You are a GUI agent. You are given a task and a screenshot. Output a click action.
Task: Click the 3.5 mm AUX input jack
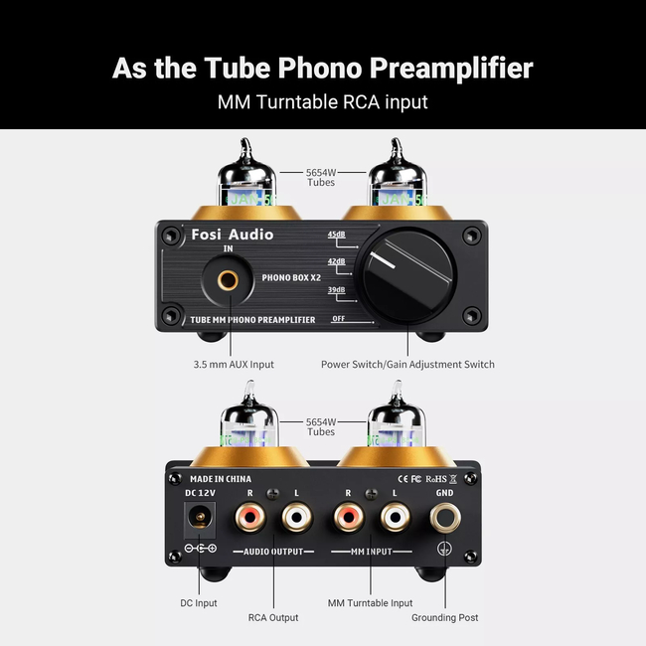coord(228,279)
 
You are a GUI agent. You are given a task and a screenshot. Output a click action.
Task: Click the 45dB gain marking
coord(335,235)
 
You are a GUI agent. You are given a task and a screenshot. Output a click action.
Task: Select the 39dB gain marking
coord(335,290)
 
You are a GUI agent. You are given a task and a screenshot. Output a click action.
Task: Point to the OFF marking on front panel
coord(338,318)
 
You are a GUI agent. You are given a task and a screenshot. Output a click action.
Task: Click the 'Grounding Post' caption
coord(446,617)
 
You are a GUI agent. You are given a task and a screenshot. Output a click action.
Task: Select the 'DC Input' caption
coord(199,602)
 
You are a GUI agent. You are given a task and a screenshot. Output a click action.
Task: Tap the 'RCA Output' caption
coord(273,617)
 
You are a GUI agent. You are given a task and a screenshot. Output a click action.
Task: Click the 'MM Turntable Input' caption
coord(371,602)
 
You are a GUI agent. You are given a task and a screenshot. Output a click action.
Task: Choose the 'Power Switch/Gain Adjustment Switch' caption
coord(407,364)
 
